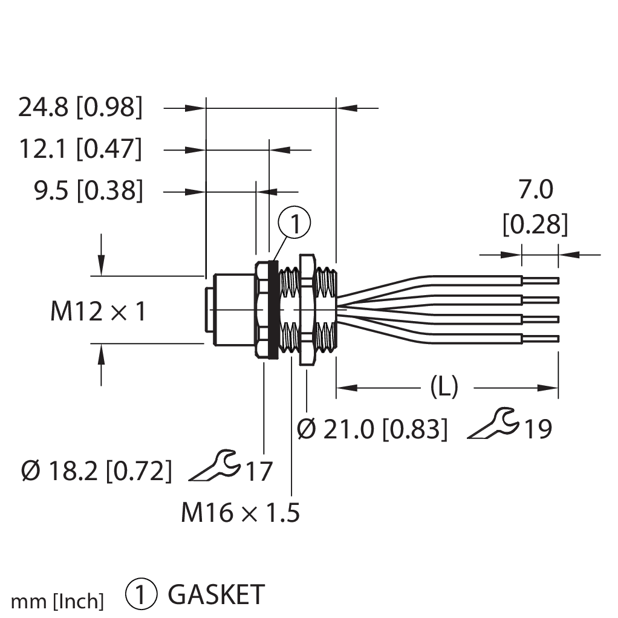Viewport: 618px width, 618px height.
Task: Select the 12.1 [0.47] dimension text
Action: tap(81, 149)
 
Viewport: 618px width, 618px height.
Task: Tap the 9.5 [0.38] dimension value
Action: tap(88, 191)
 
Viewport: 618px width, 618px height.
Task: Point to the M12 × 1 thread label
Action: tap(98, 312)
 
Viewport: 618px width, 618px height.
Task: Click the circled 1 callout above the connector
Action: tap(294, 224)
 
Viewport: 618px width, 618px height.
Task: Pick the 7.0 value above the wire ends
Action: tap(536, 191)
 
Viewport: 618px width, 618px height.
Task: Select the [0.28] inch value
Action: tap(536, 225)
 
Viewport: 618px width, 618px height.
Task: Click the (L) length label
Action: tap(444, 387)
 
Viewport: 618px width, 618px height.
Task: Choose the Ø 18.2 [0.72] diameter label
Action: tap(96, 470)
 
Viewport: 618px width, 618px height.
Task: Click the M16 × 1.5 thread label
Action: tap(241, 513)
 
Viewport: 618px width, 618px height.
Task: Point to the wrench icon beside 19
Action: tap(493, 424)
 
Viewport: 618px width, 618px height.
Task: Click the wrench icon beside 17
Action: tap(214, 466)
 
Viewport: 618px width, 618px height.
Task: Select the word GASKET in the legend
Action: tap(216, 595)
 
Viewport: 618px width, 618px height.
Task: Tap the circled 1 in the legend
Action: tap(141, 595)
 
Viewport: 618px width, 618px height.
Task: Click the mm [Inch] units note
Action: tap(58, 601)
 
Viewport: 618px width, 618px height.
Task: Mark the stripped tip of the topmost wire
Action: tap(541, 281)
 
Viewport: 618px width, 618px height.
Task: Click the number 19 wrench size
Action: tap(538, 429)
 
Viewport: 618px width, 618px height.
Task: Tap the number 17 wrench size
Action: tap(258, 471)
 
